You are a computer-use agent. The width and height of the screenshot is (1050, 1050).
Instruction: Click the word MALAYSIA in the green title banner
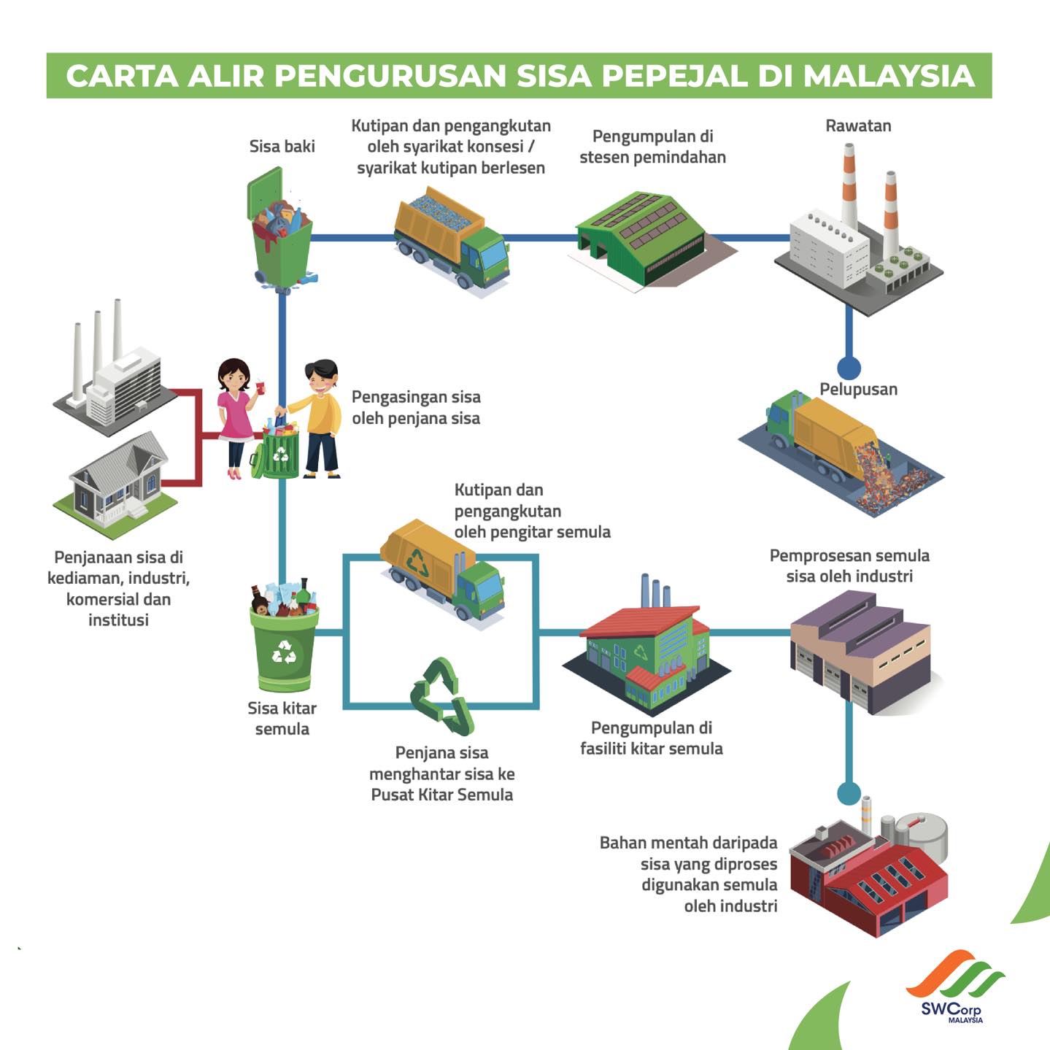coord(889,75)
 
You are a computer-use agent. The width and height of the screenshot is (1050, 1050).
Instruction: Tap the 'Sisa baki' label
coord(282,146)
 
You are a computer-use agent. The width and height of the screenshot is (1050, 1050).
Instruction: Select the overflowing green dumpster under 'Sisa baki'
coord(282,229)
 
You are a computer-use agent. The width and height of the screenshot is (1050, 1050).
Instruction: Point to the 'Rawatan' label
coord(858,126)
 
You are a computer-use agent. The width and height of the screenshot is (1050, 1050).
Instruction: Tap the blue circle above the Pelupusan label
coord(849,368)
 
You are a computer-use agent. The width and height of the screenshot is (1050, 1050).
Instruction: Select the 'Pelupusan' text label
coord(858,389)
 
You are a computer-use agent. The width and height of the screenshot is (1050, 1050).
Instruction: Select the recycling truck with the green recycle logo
coord(442,570)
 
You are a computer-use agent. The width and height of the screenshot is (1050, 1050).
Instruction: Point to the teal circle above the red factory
coord(849,793)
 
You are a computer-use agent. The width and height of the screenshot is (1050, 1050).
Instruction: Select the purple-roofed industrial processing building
coord(861,651)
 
